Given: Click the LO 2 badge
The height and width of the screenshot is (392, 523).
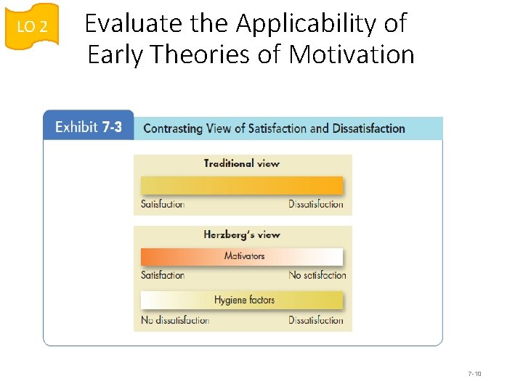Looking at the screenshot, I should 32,27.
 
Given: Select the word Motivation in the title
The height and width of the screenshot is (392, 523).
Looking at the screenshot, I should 352,54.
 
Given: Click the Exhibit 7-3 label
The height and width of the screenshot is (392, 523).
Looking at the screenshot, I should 89,128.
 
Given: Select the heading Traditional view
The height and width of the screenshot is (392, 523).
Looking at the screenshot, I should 241,163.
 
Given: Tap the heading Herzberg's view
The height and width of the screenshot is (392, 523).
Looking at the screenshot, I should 241,234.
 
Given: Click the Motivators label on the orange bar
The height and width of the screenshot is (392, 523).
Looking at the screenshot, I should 244,256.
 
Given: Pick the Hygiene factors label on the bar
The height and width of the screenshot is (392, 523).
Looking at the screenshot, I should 244,299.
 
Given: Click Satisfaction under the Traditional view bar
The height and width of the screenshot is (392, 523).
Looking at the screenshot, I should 163,204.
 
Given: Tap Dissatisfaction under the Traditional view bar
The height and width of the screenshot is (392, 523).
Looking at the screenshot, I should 316,204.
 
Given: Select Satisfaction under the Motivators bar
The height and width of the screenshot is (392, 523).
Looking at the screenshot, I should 163,275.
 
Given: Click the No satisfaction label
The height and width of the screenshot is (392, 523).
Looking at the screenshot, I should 317,275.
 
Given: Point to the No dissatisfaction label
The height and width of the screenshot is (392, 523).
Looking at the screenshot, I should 175,320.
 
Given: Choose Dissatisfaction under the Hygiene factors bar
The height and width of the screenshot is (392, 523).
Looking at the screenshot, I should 316,320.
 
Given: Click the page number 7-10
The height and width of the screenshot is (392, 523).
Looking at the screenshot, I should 474,374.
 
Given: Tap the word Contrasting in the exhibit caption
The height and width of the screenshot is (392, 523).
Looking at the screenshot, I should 173,128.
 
